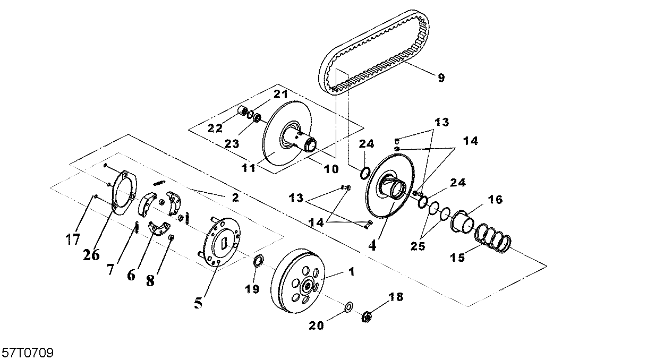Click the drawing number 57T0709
tap(28, 353)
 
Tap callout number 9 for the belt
tap(441, 78)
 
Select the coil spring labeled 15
tap(493, 239)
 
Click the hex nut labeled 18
tap(367, 316)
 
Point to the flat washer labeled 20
tap(349, 307)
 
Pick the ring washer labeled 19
tap(258, 260)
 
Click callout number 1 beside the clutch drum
tap(351, 271)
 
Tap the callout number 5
tap(198, 303)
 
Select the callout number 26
tap(91, 255)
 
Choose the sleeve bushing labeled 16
tap(463, 222)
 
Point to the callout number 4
tap(372, 246)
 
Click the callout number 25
tap(418, 246)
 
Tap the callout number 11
tap(249, 168)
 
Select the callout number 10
tap(331, 169)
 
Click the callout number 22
tap(215, 128)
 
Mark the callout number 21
tap(281, 94)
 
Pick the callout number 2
tap(235, 198)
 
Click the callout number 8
tap(150, 280)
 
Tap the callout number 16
tap(495, 200)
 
